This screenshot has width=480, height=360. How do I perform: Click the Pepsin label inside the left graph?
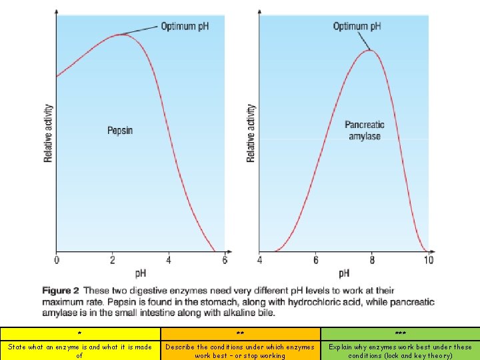coord(120,131)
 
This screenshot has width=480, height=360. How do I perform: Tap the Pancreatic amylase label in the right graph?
coord(365,131)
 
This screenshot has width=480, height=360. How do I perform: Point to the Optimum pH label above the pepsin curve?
coord(185,26)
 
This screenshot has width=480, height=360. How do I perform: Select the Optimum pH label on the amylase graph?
coord(357,26)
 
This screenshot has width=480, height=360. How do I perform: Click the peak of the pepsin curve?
coord(120,34)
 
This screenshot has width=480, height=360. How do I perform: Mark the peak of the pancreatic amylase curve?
coord(370,50)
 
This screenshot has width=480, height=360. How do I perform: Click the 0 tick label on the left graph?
coord(57,260)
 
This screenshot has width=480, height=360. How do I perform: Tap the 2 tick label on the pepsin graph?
coord(113,260)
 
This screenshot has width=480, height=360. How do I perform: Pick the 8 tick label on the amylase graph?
coord(372,260)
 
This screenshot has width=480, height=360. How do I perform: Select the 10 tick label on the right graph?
coord(429,260)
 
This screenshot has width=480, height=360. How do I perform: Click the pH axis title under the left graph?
coord(141,273)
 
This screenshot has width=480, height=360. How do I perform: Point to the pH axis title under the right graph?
coord(344,273)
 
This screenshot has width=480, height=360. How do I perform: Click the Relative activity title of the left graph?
coord(48,133)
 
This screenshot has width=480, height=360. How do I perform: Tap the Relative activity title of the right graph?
coord(251,133)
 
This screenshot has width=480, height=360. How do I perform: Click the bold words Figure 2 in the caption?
coord(61,291)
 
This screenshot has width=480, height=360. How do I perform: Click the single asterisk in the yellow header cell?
coord(79,333)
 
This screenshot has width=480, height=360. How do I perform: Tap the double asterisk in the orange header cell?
coord(240,333)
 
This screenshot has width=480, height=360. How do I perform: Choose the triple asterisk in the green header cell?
coord(401,333)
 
